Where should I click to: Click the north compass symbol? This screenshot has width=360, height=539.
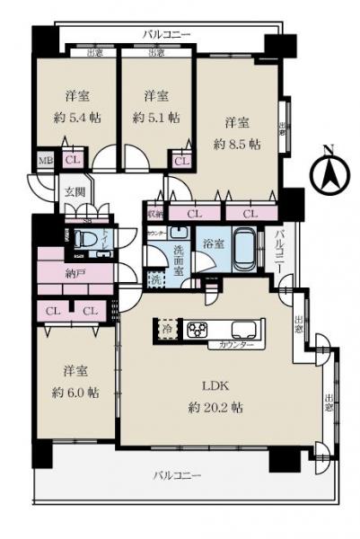329,172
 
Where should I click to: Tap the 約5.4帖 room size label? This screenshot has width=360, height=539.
75,117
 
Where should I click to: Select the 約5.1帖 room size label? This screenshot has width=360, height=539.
155,117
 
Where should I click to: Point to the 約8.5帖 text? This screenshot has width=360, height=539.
237,143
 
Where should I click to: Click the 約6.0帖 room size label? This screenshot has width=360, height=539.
75,393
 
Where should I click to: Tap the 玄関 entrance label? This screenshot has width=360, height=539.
74,191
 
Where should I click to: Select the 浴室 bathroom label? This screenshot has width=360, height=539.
213,243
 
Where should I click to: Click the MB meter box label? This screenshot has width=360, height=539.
45,162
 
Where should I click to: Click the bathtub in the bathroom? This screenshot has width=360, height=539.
243,249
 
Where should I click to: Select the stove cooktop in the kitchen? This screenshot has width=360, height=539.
198,330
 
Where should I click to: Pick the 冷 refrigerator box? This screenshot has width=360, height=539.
168,330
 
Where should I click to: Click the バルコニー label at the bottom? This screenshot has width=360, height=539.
176,474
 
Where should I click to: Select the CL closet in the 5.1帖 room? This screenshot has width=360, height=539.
181,161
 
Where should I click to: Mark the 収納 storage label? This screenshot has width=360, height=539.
155,215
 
